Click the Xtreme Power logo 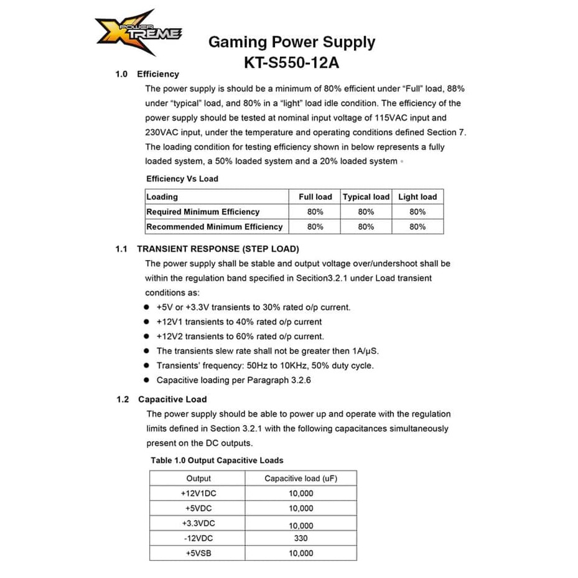coord(138,33)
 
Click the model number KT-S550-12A coord(291,63)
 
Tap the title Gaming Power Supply coord(291,42)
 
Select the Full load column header coord(315,197)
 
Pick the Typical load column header coord(366,197)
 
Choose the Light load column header coord(417,197)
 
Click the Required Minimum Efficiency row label coord(203,212)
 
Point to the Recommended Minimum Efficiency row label coord(214,226)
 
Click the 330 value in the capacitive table coord(301,538)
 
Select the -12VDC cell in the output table coord(198,538)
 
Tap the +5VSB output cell coord(198,553)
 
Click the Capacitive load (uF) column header coord(301,478)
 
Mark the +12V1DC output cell coord(198,493)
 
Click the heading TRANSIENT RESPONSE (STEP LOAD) coord(218,249)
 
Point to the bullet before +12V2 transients coord(146,337)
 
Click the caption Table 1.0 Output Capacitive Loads coord(217,460)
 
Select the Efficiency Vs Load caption coord(182,179)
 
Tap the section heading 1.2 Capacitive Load coord(162,399)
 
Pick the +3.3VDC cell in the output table coord(198,523)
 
